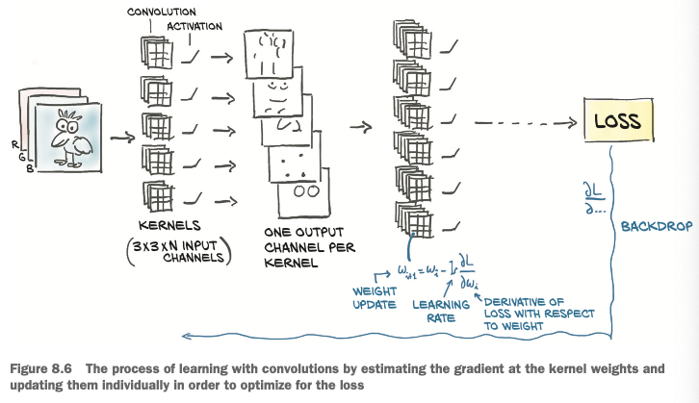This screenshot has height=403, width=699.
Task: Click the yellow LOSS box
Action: [616, 123]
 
